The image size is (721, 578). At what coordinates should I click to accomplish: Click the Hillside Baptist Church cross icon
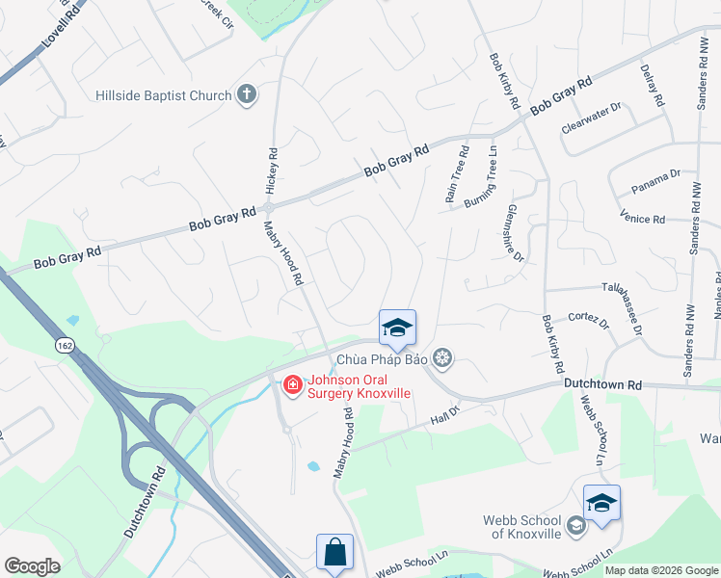[247, 95]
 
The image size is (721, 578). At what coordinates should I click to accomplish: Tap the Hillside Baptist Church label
[164, 95]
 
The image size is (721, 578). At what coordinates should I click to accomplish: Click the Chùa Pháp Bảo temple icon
[442, 360]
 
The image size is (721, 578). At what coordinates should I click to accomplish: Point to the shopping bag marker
[334, 553]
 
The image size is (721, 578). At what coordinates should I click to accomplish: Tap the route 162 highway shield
[66, 344]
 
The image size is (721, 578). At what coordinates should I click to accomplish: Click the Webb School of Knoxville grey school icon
[575, 525]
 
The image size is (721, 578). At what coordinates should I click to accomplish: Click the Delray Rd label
[653, 86]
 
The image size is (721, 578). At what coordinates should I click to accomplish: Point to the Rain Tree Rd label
[456, 174]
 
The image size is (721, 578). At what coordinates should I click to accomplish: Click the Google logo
[32, 566]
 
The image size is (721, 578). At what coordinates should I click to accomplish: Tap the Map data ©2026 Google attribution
[661, 570]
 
